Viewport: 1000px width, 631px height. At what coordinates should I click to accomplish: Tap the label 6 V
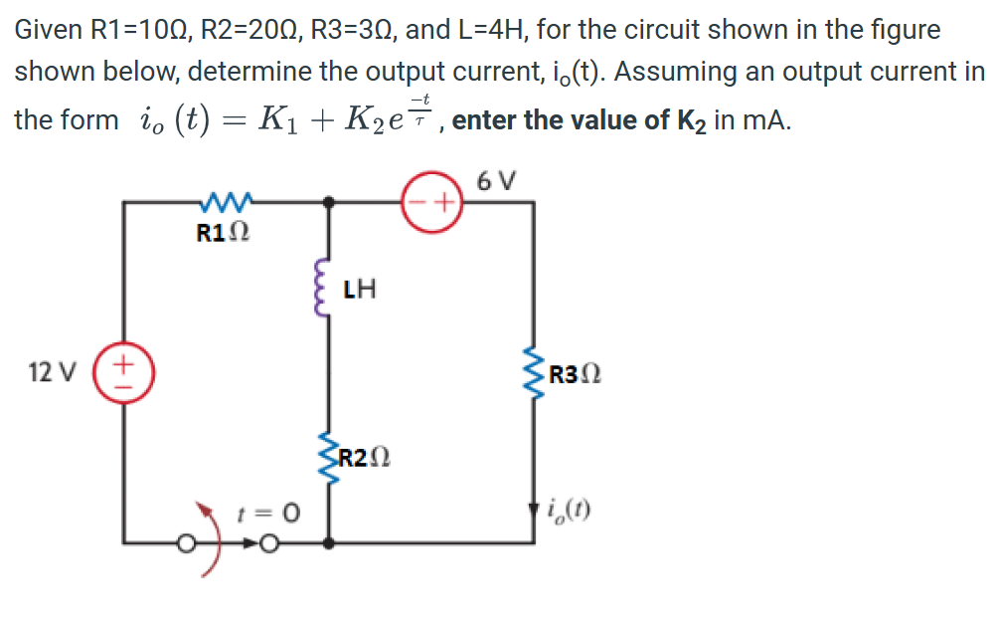tap(496, 181)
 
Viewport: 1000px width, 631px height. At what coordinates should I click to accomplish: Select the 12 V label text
tap(52, 373)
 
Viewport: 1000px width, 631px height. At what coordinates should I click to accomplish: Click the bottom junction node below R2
tap(329, 543)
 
